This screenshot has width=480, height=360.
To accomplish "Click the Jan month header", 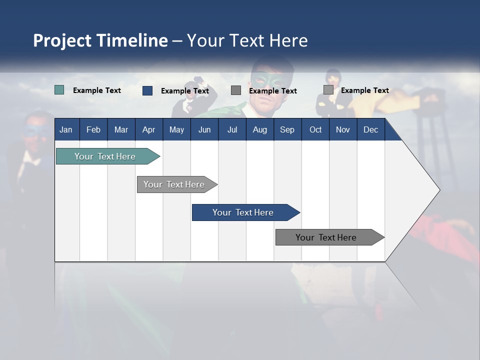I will (66, 129).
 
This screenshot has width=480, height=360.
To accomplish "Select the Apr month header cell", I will (148, 129).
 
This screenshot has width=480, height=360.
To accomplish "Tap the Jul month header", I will (232, 129).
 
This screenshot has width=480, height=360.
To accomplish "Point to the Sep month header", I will (287, 129).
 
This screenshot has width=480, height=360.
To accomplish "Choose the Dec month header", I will (370, 129).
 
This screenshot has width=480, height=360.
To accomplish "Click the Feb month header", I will (93, 129).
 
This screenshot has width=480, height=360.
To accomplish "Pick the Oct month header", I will (315, 129).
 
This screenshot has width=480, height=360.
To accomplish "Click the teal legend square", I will (59, 90).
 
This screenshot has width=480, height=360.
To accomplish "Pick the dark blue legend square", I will (147, 90).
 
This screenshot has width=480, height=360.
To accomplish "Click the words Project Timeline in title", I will (100, 40).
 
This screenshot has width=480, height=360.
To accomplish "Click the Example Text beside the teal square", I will (97, 90).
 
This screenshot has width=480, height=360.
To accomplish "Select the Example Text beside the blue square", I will (185, 91).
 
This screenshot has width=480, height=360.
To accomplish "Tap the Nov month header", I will (343, 129).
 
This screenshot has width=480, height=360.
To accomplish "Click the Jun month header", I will (204, 129).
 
